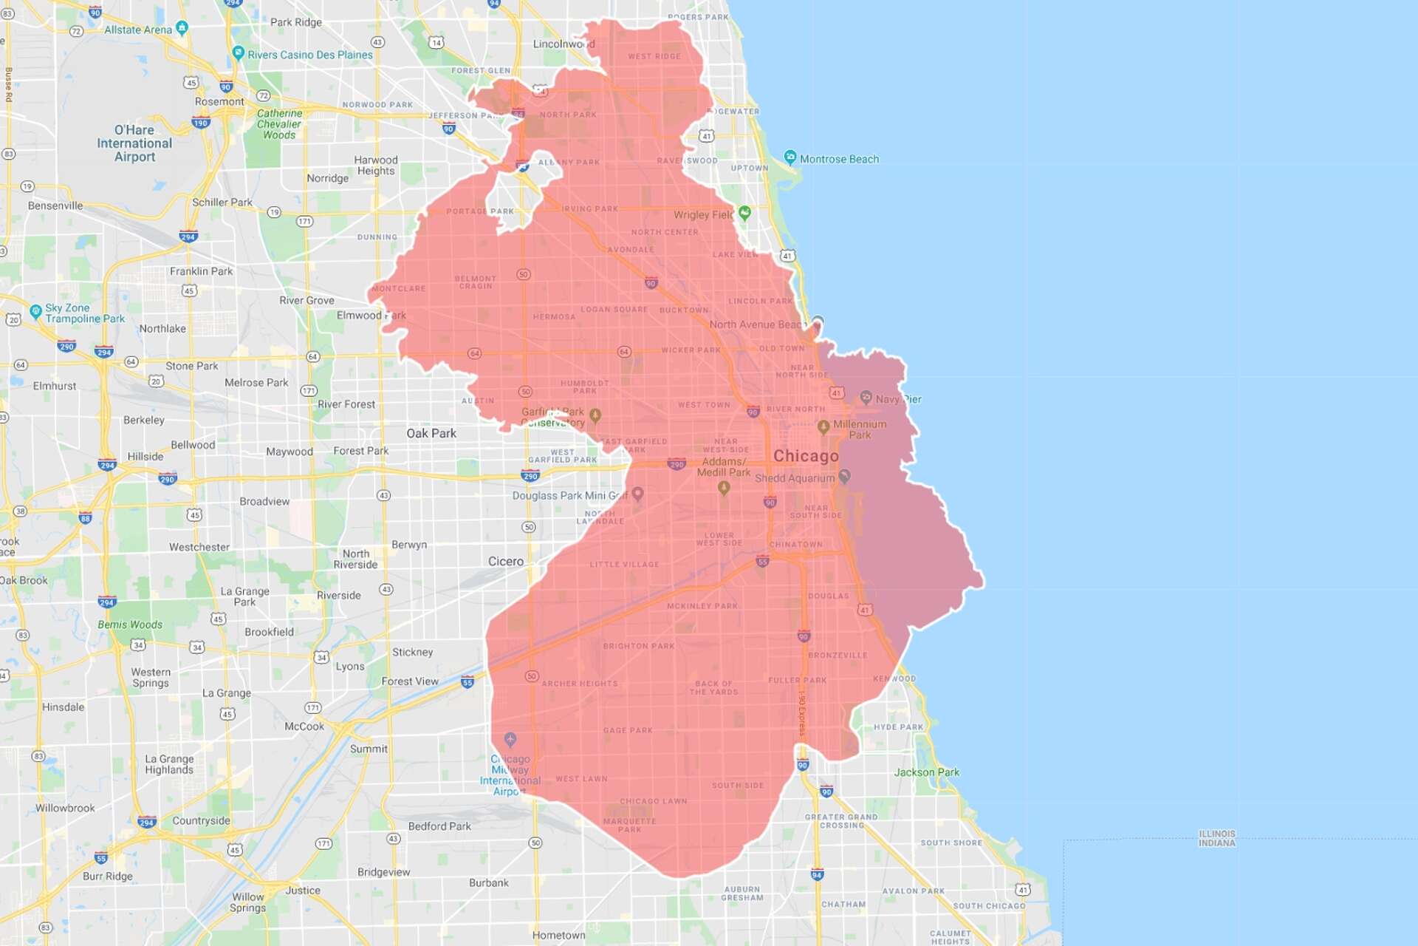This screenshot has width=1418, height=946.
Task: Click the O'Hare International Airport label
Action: (134, 143)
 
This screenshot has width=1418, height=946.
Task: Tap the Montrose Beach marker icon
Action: (790, 157)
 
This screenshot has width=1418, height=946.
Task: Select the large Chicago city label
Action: (806, 456)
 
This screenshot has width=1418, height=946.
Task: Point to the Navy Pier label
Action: (898, 399)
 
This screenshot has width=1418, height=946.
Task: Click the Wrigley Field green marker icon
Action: (744, 213)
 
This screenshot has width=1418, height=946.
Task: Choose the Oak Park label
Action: (431, 433)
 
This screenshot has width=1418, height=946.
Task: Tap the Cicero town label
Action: (506, 562)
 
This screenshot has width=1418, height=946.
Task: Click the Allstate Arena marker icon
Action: (182, 28)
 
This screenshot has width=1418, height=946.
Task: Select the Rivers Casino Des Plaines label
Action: (310, 55)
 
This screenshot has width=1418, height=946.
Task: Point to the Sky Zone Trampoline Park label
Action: (85, 313)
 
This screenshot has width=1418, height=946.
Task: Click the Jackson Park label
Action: (927, 772)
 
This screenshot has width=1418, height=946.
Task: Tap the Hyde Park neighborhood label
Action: (898, 726)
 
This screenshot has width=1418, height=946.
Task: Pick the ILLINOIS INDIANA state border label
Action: (1216, 838)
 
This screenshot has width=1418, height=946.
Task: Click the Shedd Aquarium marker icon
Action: (845, 477)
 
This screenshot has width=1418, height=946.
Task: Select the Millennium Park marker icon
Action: (823, 426)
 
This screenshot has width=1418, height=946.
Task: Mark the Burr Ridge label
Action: (108, 877)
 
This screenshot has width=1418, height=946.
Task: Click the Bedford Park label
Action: (439, 826)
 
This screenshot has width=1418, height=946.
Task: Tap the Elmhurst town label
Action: (55, 386)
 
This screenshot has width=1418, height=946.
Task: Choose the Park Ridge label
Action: (295, 22)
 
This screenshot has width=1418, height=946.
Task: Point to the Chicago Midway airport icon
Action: (510, 739)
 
